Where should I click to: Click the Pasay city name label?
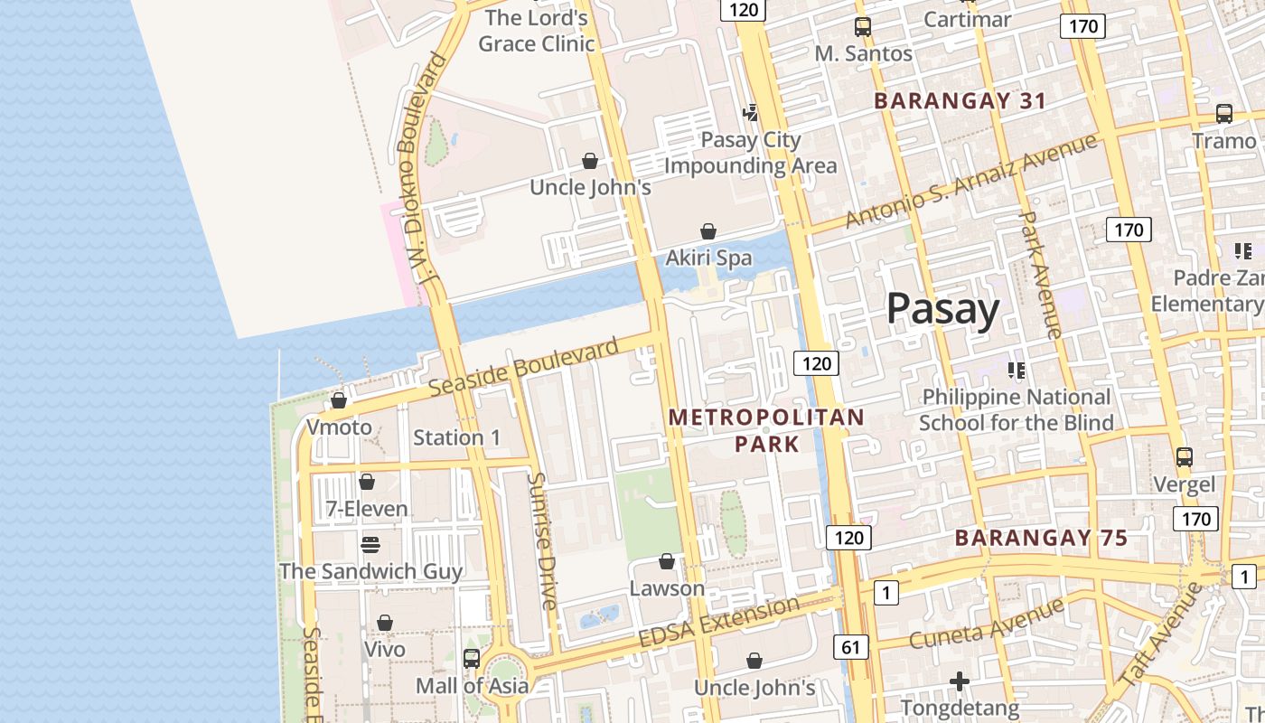tap(942, 309)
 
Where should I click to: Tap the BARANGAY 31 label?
tap(960, 100)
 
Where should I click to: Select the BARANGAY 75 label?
tap(1041, 538)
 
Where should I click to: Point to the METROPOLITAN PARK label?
tap(766, 430)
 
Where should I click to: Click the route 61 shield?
tap(851, 647)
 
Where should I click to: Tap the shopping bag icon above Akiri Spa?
tap(708, 232)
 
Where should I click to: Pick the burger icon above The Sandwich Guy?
tap(370, 544)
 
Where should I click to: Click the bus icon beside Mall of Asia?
tap(471, 659)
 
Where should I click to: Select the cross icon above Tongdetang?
tap(960, 681)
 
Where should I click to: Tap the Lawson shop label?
tap(667, 588)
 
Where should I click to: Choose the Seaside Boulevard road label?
tap(524, 366)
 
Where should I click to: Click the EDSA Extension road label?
tap(718, 621)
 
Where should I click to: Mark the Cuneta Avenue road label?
tap(987, 624)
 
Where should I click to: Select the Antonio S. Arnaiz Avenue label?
tap(970, 180)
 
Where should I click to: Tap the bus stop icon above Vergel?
tap(1185, 457)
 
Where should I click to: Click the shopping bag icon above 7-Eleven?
tap(367, 482)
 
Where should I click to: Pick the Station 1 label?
tap(456, 437)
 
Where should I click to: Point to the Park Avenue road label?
tap(1039, 275)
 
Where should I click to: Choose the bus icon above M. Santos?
tap(863, 27)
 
